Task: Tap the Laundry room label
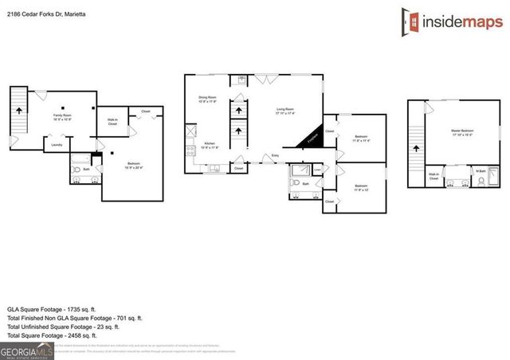click(57, 145)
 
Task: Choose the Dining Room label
click(208, 99)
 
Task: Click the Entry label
click(276, 156)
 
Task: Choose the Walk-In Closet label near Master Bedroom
click(434, 177)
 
